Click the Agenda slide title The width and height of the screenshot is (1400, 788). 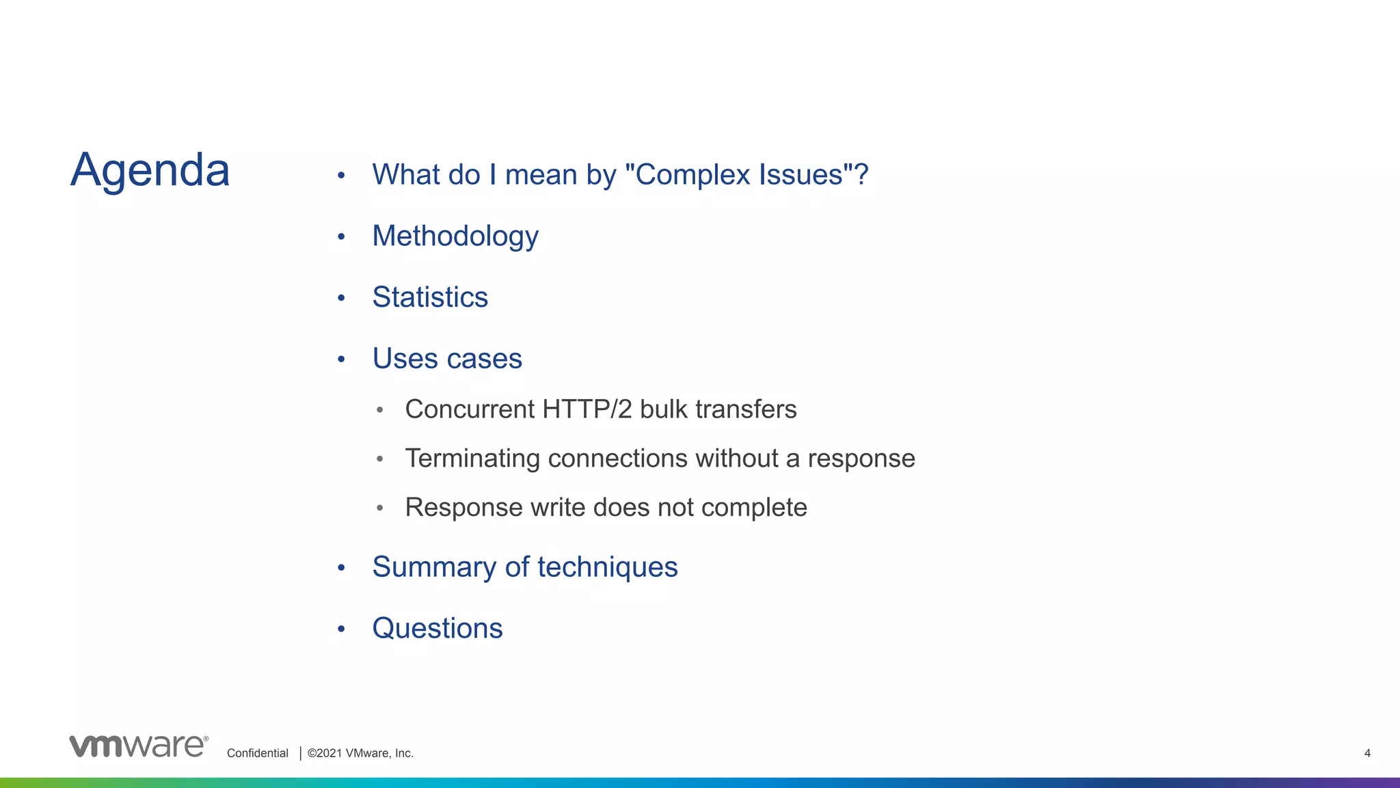coord(150,170)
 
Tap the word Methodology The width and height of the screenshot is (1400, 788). coord(455,236)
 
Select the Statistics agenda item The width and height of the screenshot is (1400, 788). coord(430,297)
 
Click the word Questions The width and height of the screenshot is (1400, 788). coord(437,628)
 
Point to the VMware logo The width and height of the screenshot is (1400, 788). coord(138,746)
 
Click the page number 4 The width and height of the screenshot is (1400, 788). coord(1367,753)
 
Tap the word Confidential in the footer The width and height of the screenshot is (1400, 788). coord(258,753)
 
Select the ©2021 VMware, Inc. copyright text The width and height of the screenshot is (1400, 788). coord(360,753)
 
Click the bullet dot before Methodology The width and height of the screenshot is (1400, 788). coord(341,237)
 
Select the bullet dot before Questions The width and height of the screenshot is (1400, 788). coord(341,629)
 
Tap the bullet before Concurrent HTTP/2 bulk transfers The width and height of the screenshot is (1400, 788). coord(380,410)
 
